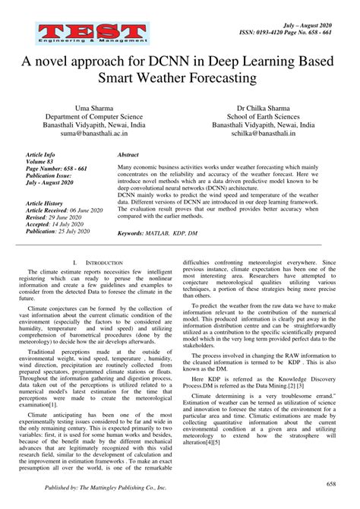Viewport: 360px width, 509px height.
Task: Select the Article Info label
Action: point(39,154)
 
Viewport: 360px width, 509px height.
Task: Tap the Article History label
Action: point(44,204)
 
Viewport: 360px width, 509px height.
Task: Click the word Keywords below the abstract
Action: point(132,233)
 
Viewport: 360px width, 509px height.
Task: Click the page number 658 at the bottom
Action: point(331,484)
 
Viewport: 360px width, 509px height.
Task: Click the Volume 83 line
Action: point(39,162)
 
